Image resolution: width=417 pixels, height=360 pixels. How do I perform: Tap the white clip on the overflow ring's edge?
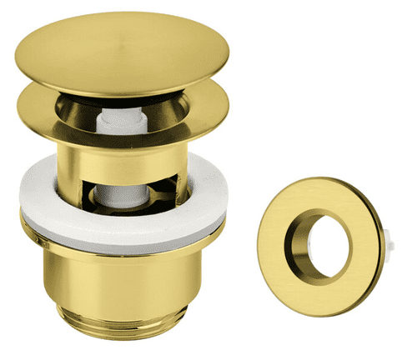389,242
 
